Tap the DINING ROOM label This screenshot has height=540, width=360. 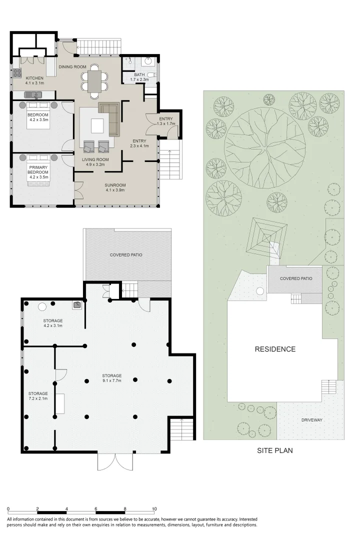(x=72, y=66)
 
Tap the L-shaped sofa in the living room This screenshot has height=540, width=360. (x=110, y=117)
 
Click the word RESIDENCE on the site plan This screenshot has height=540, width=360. (x=275, y=349)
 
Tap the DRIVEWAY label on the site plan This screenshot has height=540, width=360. (x=311, y=420)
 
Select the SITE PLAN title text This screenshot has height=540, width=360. (x=274, y=450)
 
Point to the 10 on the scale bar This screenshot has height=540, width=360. (x=154, y=508)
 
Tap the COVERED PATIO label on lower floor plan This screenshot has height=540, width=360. (x=126, y=255)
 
